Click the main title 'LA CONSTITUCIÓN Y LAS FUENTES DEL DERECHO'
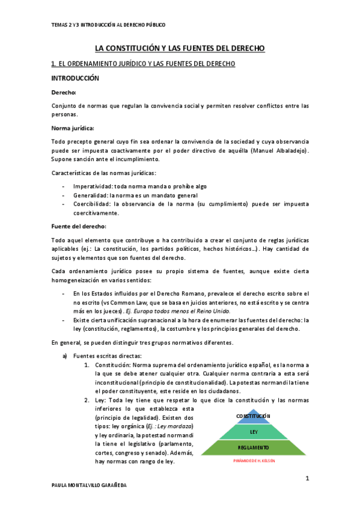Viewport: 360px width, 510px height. click(x=180, y=48)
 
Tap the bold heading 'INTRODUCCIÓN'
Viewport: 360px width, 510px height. click(x=75, y=79)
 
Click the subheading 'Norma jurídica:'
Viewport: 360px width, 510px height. click(x=73, y=127)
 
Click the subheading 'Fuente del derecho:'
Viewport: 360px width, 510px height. click(x=79, y=226)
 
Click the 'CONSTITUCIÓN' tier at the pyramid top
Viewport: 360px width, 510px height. click(x=254, y=416)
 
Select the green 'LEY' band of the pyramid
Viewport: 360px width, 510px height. click(x=254, y=432)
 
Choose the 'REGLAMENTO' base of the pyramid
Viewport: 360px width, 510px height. click(x=254, y=448)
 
